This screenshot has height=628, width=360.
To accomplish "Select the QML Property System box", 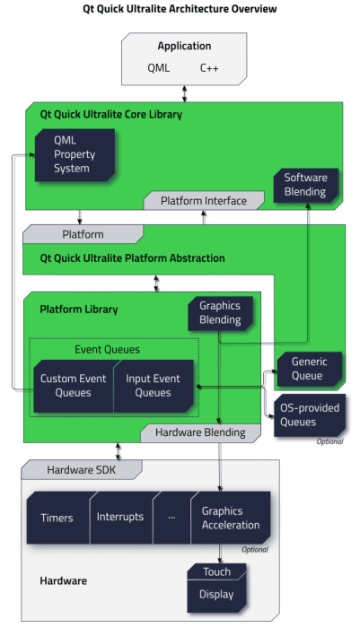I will point(75,154).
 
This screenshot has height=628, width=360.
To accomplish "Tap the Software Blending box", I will point(306,184).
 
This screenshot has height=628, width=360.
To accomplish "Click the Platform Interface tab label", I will point(203,200).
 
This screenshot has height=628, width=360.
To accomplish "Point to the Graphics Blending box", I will point(220,312).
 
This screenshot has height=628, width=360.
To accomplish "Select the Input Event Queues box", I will point(154,386).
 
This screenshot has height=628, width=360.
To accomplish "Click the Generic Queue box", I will point(308,367).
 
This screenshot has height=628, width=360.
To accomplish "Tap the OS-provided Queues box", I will point(308,414).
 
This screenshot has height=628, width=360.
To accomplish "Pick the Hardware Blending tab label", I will point(200,432).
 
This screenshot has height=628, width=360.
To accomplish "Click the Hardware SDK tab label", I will point(81,469).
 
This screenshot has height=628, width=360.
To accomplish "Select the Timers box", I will point(57,518).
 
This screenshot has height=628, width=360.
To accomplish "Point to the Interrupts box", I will point(120,518).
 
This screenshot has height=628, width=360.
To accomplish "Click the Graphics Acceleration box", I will point(230,518).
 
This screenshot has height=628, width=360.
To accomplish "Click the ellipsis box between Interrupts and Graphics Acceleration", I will point(171,518).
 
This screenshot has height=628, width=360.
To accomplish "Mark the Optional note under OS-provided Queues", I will point(330,441).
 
